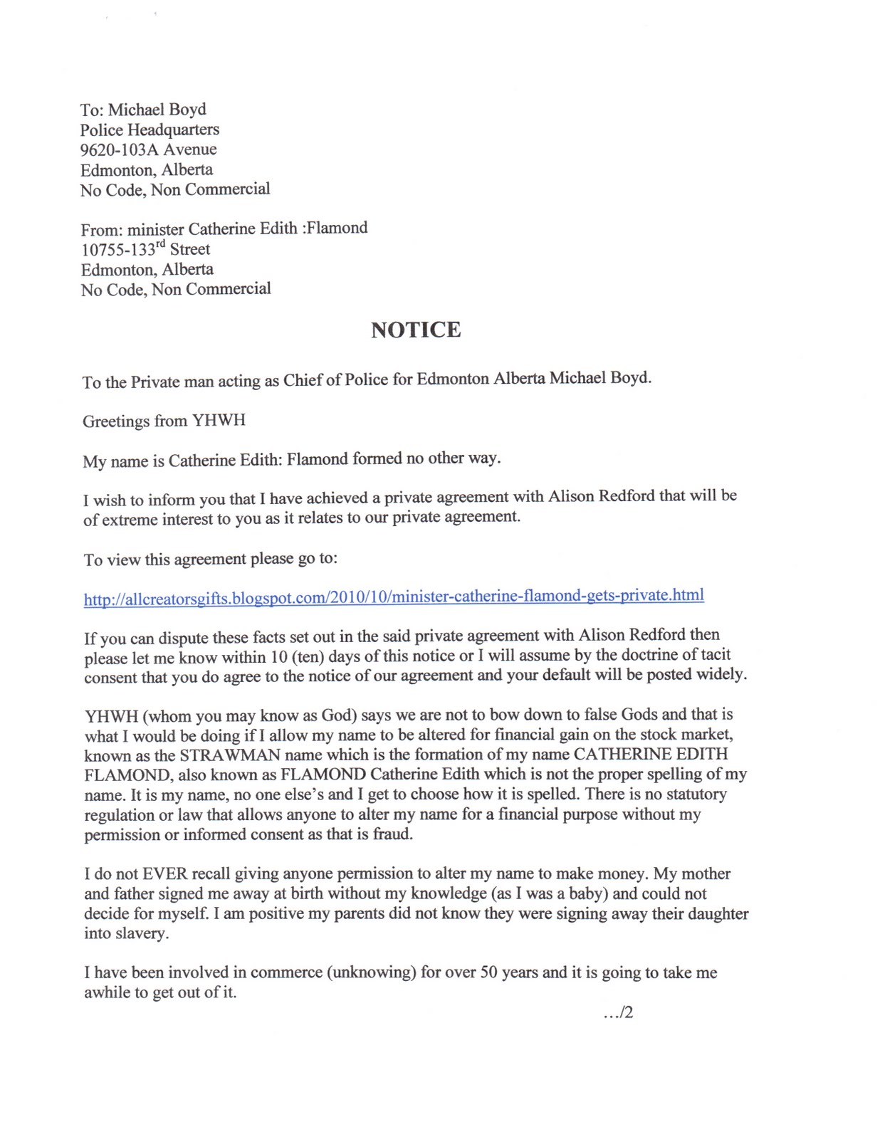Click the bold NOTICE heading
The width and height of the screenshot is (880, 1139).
tap(416, 330)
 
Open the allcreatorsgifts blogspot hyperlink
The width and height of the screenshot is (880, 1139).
tap(394, 597)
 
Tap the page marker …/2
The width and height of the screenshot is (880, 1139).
tap(618, 1012)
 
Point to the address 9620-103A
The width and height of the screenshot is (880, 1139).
tap(119, 149)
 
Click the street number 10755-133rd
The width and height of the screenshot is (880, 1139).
tap(123, 249)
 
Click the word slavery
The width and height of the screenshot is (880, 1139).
tap(142, 933)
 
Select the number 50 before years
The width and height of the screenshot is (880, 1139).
tap(489, 972)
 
